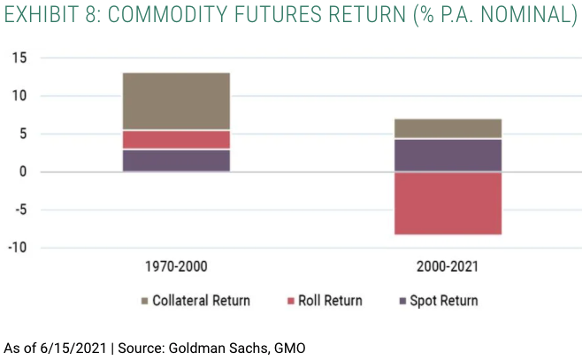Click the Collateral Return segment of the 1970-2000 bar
point(176,101)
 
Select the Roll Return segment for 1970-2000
point(176,140)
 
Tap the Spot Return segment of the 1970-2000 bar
point(176,160)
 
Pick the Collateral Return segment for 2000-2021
point(447,128)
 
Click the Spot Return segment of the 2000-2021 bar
point(447,155)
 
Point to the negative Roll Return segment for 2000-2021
point(447,203)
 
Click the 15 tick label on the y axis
point(19,57)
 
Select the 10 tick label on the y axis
point(19,96)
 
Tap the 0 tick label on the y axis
point(23,172)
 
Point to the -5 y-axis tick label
point(20,210)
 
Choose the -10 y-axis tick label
point(18,248)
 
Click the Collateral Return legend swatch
point(143,301)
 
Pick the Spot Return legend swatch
point(403,301)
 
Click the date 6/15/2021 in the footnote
point(73,348)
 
